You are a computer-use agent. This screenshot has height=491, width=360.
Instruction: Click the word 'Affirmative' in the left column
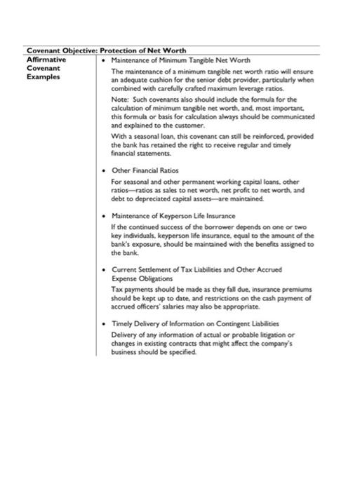coord(46,60)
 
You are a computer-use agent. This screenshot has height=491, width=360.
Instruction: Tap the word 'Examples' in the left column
coord(44,77)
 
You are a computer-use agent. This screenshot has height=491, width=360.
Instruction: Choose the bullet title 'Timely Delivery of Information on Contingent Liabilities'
coord(195,324)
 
